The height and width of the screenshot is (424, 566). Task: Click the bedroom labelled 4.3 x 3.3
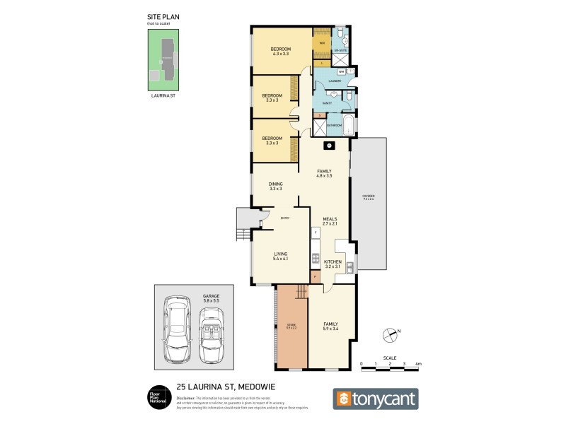[281, 51]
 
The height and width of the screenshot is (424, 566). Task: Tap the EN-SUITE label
[341, 51]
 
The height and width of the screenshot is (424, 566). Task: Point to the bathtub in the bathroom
[349, 128]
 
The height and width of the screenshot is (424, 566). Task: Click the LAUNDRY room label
[335, 81]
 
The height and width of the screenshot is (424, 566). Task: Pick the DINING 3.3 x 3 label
[275, 187]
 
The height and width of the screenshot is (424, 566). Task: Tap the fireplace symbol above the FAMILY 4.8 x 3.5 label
[328, 146]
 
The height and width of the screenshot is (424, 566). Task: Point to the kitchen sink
[350, 267]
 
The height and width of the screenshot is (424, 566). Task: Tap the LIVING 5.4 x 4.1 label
[281, 257]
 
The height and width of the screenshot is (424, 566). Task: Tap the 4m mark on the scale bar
[418, 365]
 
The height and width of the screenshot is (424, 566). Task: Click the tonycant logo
[376, 399]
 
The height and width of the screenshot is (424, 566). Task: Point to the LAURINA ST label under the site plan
[163, 95]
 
